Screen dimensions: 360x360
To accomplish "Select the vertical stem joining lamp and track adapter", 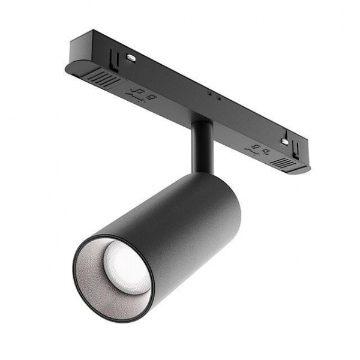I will [x=201, y=147].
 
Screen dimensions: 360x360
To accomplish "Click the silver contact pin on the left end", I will [x=130, y=58].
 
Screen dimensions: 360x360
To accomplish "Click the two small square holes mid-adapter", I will [x=214, y=95].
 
